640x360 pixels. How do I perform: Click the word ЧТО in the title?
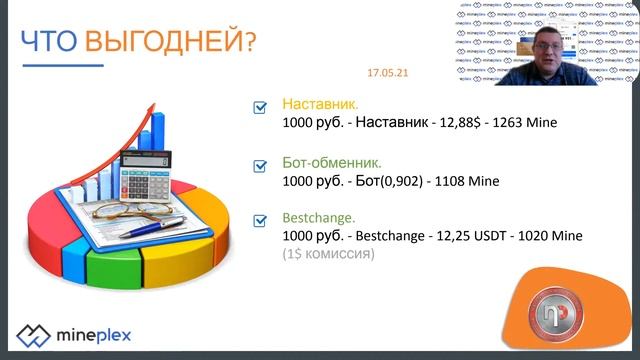click(x=50, y=41)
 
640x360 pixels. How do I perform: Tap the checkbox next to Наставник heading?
click(x=260, y=106)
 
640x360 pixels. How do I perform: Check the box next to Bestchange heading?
click(x=260, y=219)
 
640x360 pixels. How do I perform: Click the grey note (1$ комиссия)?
click(x=328, y=254)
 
